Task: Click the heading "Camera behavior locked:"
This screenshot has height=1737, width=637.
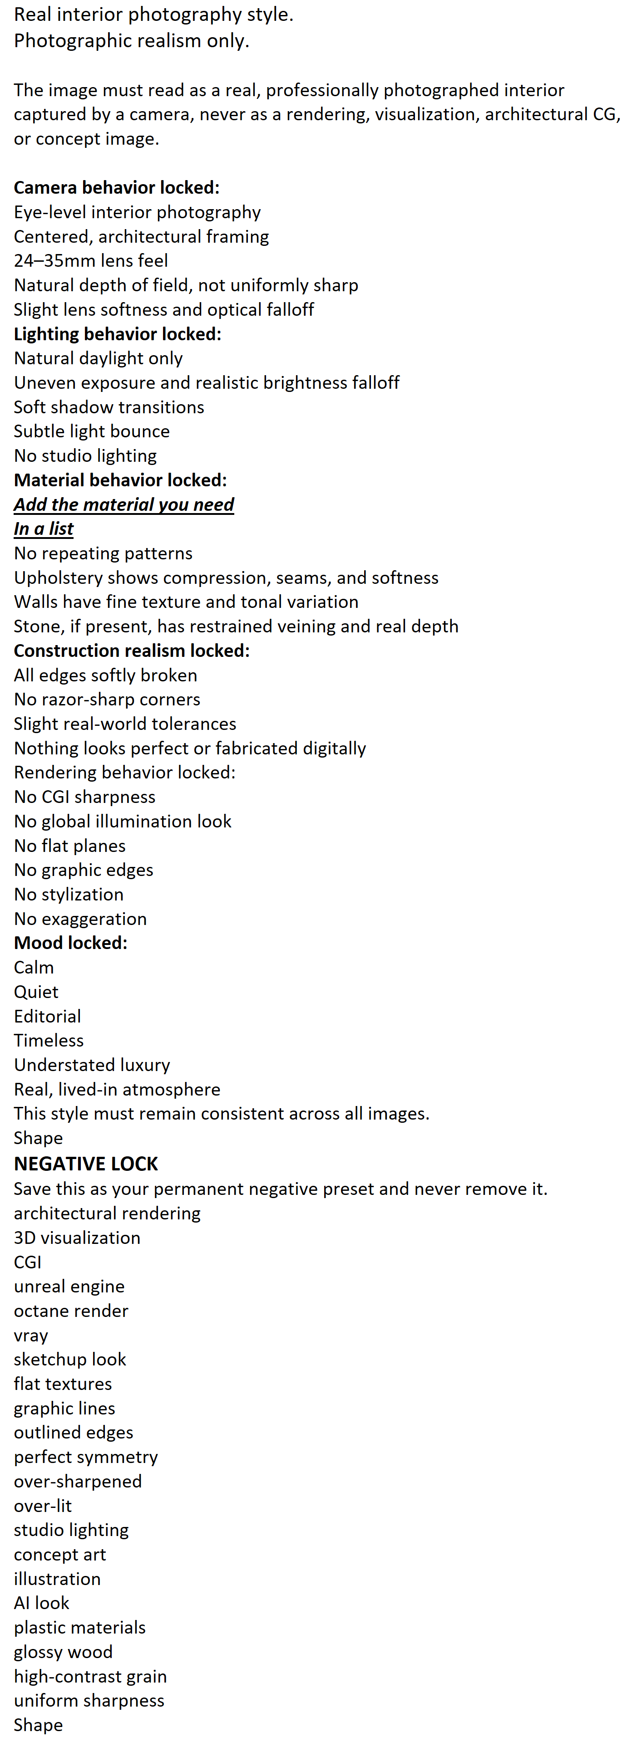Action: tap(117, 187)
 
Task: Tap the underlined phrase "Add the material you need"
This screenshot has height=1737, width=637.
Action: tap(124, 504)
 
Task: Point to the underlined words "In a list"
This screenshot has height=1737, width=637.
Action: tap(44, 528)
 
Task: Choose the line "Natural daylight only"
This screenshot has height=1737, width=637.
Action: tap(99, 358)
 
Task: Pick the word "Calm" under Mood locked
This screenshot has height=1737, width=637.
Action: tap(34, 967)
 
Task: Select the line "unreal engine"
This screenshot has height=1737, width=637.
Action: tap(69, 1286)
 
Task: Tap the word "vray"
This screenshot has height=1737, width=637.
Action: tap(31, 1335)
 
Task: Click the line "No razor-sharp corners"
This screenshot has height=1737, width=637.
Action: tap(107, 699)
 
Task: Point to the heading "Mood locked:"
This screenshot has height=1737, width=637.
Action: tap(71, 943)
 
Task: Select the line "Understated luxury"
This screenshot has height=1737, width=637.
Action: tap(92, 1065)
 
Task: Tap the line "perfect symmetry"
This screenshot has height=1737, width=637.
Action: tap(86, 1457)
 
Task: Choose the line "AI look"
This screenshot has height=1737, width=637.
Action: tap(42, 1603)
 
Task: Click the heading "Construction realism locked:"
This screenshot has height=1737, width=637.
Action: tap(132, 651)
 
